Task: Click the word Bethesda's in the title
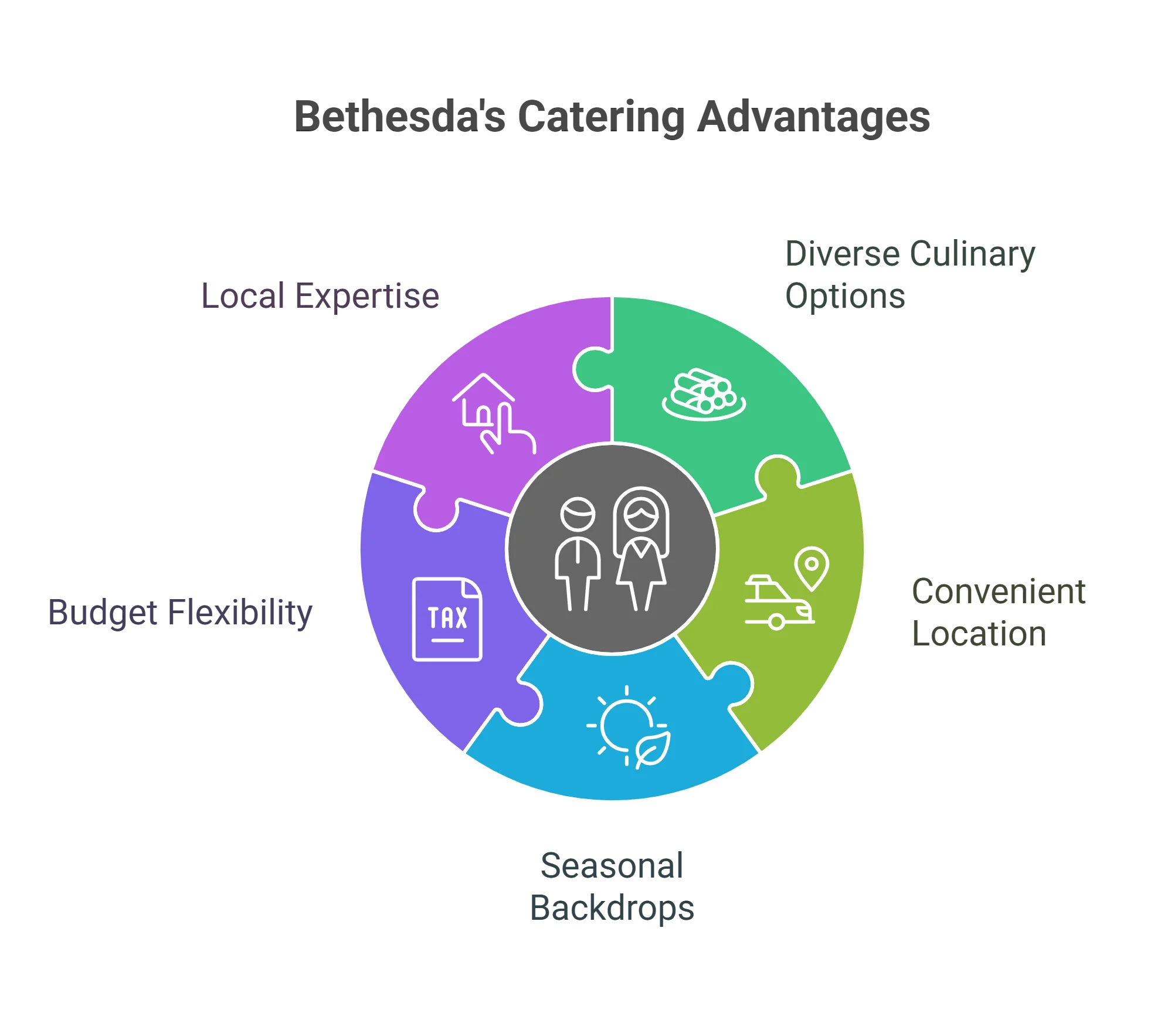tap(400, 117)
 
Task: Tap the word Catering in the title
tap(599, 118)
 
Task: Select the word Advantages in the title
tap(813, 118)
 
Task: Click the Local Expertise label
tap(321, 296)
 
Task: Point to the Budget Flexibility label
tap(180, 614)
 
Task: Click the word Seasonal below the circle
tap(612, 866)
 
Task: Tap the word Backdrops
tap(612, 909)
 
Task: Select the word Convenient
tap(999, 591)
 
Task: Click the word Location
tap(977, 634)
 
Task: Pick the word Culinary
tap(973, 255)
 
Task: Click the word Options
tap(844, 297)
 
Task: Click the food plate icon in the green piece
tap(704, 394)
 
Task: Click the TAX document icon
tap(447, 620)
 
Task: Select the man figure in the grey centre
tap(578, 554)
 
